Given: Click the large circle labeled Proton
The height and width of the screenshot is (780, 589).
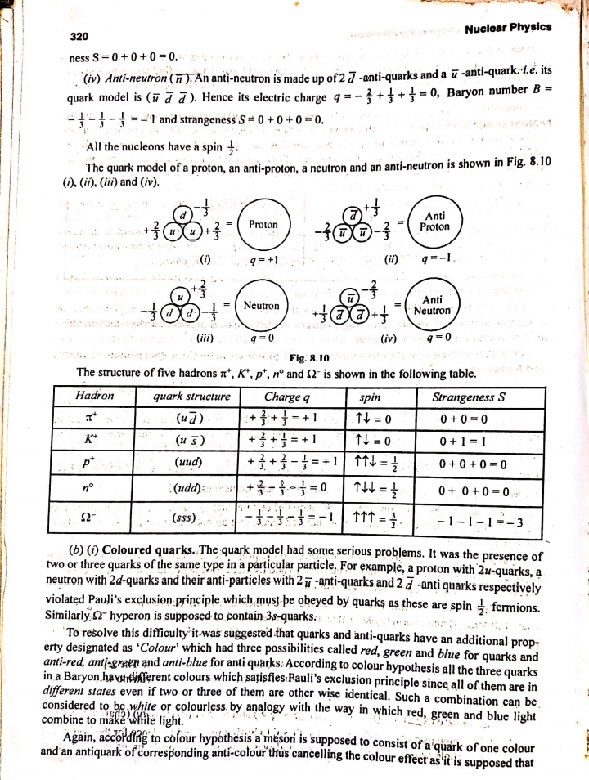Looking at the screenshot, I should click(263, 224).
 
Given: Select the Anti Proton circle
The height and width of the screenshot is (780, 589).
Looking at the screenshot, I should click(434, 221).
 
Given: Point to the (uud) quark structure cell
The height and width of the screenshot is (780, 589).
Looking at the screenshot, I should click(190, 463).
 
